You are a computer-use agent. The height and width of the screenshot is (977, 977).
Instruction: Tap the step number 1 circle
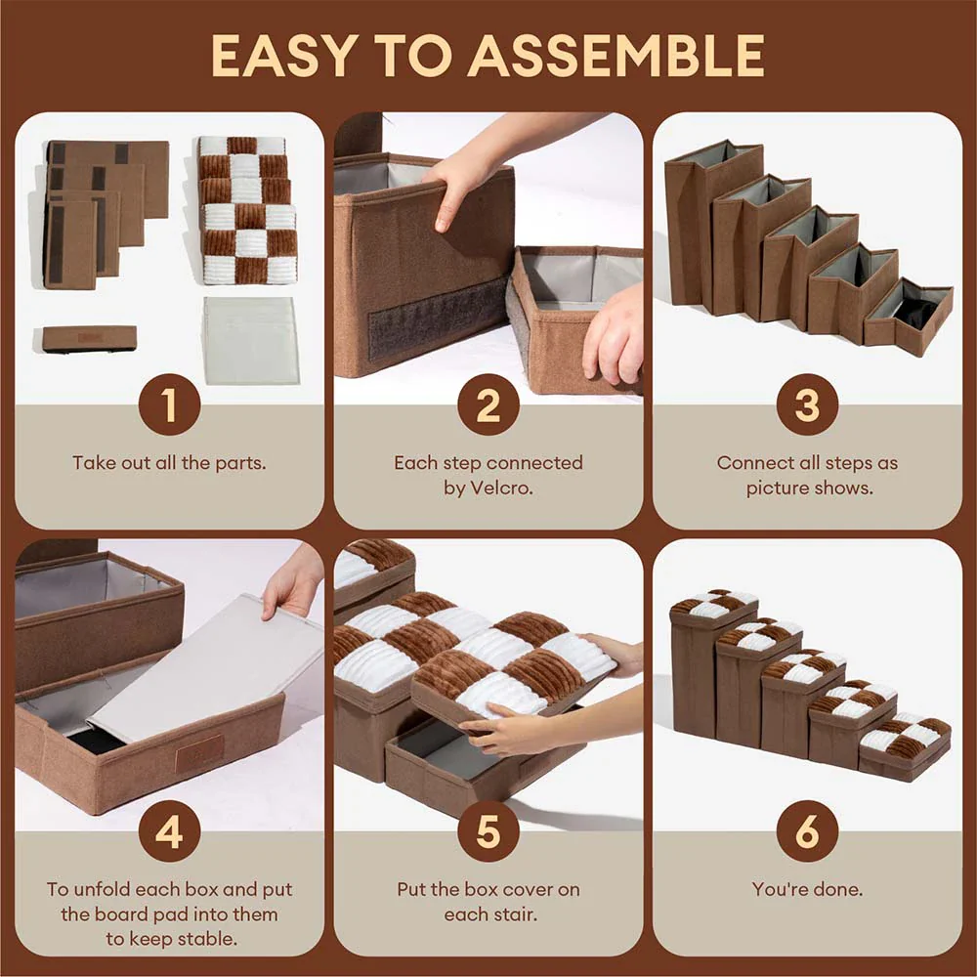(169, 404)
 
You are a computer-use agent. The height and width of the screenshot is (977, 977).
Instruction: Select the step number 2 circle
(488, 404)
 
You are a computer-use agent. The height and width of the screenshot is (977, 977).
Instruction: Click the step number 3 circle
(807, 404)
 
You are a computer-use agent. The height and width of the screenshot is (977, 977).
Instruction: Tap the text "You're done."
(807, 889)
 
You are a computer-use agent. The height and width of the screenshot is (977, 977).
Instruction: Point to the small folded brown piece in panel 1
(89, 338)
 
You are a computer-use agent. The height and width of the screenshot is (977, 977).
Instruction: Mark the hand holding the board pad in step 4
(293, 583)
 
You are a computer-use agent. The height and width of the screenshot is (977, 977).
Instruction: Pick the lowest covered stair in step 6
(905, 747)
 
